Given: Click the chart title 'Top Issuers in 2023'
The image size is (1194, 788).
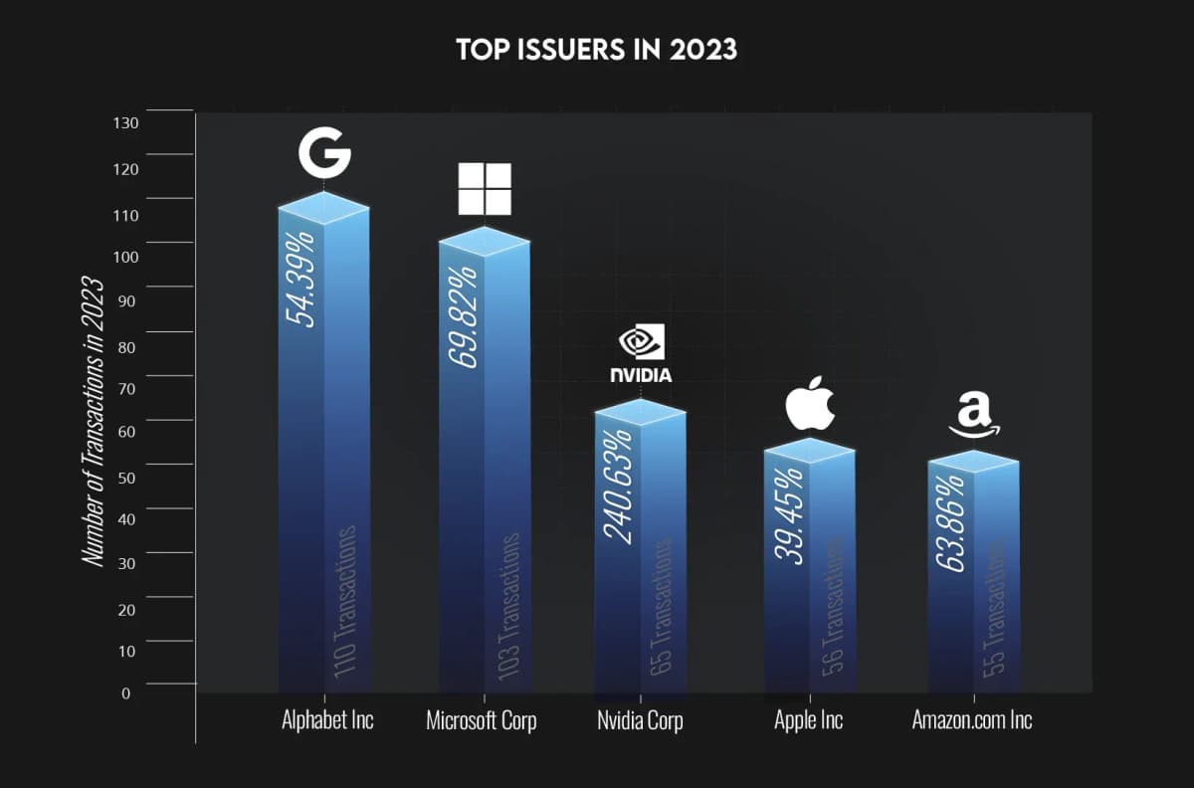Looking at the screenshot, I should [x=597, y=50].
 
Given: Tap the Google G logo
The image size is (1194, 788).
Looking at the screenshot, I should [x=324, y=153].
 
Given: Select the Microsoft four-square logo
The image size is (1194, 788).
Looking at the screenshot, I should [x=485, y=189].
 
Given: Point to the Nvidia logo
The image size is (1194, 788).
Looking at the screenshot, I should [x=641, y=354].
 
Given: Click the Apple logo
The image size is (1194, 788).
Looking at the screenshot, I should [x=809, y=403].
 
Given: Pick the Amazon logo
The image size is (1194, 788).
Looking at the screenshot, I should [x=974, y=415].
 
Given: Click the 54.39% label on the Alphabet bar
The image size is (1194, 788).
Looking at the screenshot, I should [x=300, y=278].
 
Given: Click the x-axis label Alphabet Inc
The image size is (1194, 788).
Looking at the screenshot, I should [x=327, y=719].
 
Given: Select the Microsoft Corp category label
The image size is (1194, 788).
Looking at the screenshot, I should [x=482, y=719].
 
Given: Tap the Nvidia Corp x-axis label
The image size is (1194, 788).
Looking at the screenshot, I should [x=640, y=719].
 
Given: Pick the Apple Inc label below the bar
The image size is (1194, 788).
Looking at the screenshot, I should [x=808, y=719].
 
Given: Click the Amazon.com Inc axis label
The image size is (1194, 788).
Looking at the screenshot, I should [x=972, y=719].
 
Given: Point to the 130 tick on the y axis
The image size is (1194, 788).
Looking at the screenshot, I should [x=131, y=123].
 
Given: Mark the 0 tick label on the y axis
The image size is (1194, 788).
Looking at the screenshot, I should [x=126, y=693].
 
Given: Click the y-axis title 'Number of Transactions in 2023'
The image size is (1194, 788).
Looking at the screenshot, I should [x=94, y=422].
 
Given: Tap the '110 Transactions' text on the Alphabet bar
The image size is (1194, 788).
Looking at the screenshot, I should [x=345, y=603].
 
